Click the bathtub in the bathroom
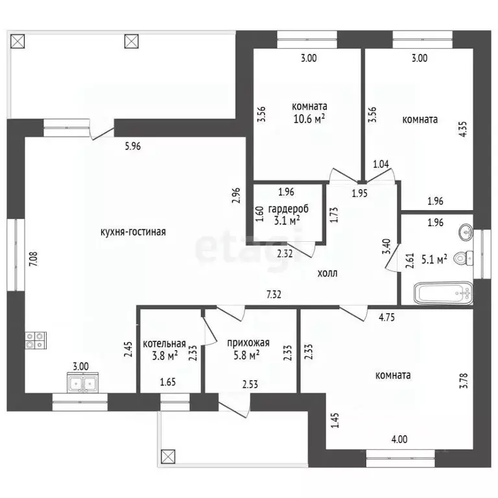[x=444, y=293]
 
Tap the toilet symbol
[x=464, y=257]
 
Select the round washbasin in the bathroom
[x=466, y=232]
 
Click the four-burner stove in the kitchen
[x=36, y=340]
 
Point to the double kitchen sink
[x=82, y=383]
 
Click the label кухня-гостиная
[x=133, y=232]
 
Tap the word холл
[x=327, y=273]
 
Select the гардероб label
[x=289, y=209]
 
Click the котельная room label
[x=164, y=344]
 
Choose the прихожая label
[x=248, y=342]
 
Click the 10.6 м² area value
[x=309, y=119]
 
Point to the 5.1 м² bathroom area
[x=434, y=260]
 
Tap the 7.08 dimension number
[x=34, y=259]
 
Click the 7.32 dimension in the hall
[x=274, y=295]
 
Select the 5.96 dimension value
[x=133, y=147]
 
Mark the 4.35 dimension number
[x=464, y=129]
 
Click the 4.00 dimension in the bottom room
[x=399, y=439]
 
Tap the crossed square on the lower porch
[x=168, y=456]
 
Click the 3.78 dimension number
[x=464, y=381]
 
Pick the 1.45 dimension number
[x=335, y=420]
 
